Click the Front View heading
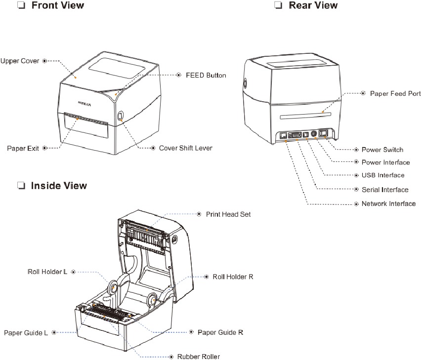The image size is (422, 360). click(x=57, y=5)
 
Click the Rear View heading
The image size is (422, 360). click(x=313, y=5)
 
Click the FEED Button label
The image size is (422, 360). click(x=206, y=76)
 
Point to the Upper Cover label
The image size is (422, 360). click(x=20, y=61)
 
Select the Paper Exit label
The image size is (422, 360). click(x=23, y=148)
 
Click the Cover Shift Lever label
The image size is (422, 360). click(x=185, y=148)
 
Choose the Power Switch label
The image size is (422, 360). click(x=382, y=150)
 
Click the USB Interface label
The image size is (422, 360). click(x=383, y=175)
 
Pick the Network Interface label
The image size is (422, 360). click(x=388, y=203)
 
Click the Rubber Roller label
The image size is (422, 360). click(x=198, y=356)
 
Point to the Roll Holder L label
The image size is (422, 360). click(x=47, y=272)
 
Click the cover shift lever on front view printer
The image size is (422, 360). click(x=121, y=116)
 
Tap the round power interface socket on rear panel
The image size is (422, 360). click(x=313, y=134)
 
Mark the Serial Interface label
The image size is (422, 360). click(x=384, y=190)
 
